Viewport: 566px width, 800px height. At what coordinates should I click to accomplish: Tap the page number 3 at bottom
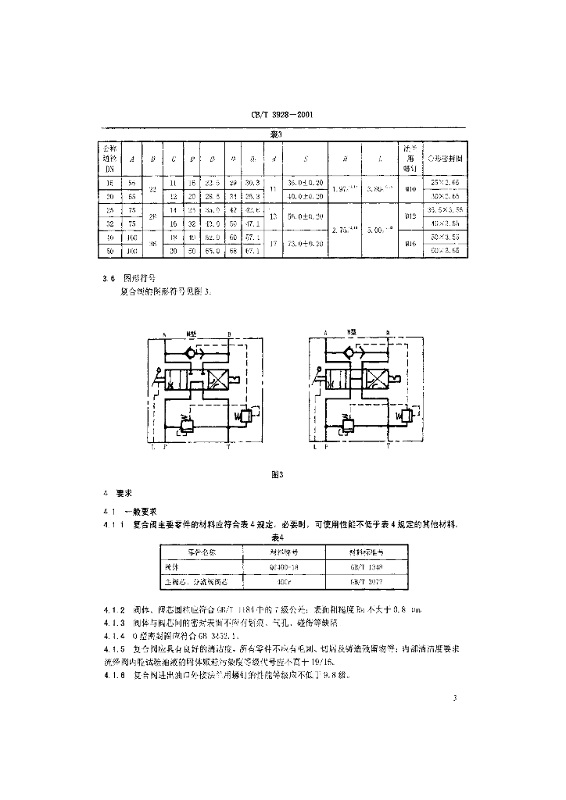453,698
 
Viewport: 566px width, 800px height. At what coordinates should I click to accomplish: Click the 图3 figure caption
275,474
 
